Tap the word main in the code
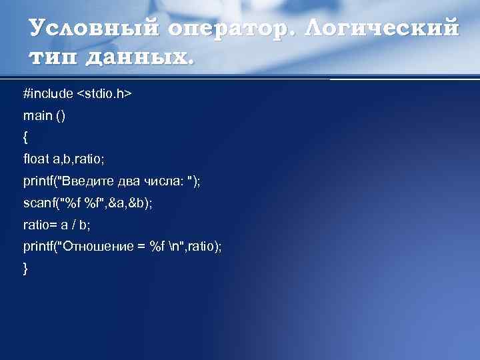coord(37,116)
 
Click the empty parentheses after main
coord(61,116)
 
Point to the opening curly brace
coord(26,138)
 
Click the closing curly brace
coord(26,269)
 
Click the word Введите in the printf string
coord(89,181)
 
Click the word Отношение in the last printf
coord(93,247)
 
